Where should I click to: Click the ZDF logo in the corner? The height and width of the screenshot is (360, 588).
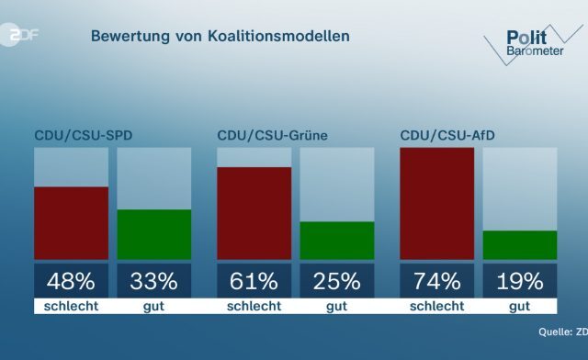pyautogui.click(x=24, y=35)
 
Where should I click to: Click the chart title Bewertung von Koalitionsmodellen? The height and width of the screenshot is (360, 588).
pyautogui.click(x=220, y=37)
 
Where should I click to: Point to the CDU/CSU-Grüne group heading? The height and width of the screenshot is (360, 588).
pyautogui.click(x=273, y=136)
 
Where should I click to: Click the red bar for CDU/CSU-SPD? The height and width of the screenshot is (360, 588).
pyautogui.click(x=71, y=222)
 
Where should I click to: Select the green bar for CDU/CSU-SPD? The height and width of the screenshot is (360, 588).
pyautogui.click(x=154, y=234)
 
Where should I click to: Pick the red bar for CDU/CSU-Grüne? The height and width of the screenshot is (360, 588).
pyautogui.click(x=254, y=213)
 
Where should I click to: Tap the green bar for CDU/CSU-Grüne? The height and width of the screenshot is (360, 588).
pyautogui.click(x=337, y=240)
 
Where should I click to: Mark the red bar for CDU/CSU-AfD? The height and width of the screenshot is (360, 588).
pyautogui.click(x=436, y=203)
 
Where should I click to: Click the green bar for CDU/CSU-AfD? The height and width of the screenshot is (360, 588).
pyautogui.click(x=520, y=244)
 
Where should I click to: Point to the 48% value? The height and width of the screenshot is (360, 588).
pyautogui.click(x=71, y=280)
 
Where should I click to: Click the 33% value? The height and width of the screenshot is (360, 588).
pyautogui.click(x=154, y=280)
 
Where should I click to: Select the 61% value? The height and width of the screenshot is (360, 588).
pyautogui.click(x=254, y=280)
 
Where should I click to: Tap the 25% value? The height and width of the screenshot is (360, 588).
pyautogui.click(x=337, y=280)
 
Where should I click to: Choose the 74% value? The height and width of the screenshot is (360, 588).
pyautogui.click(x=436, y=280)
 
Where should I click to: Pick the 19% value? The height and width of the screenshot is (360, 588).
pyautogui.click(x=520, y=280)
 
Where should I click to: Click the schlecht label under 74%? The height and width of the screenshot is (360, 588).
pyautogui.click(x=436, y=306)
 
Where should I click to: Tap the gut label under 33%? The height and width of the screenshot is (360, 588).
pyautogui.click(x=154, y=306)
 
